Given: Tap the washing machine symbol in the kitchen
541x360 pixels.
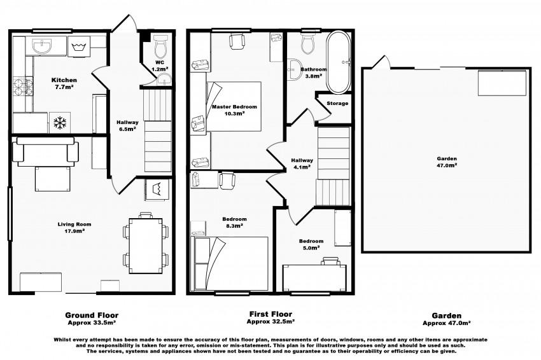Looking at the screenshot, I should [80, 46].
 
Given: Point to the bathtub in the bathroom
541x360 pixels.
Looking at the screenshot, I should [337, 62].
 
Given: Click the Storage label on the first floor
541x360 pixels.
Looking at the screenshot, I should [337, 103].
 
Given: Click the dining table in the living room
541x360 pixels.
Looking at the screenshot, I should [146, 245].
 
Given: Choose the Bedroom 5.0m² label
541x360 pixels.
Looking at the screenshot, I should [311, 245].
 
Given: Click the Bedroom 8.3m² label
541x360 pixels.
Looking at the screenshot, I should [235, 222].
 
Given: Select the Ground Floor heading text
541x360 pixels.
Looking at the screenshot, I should [92, 314].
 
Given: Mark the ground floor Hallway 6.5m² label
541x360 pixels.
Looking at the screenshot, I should [127, 125].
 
